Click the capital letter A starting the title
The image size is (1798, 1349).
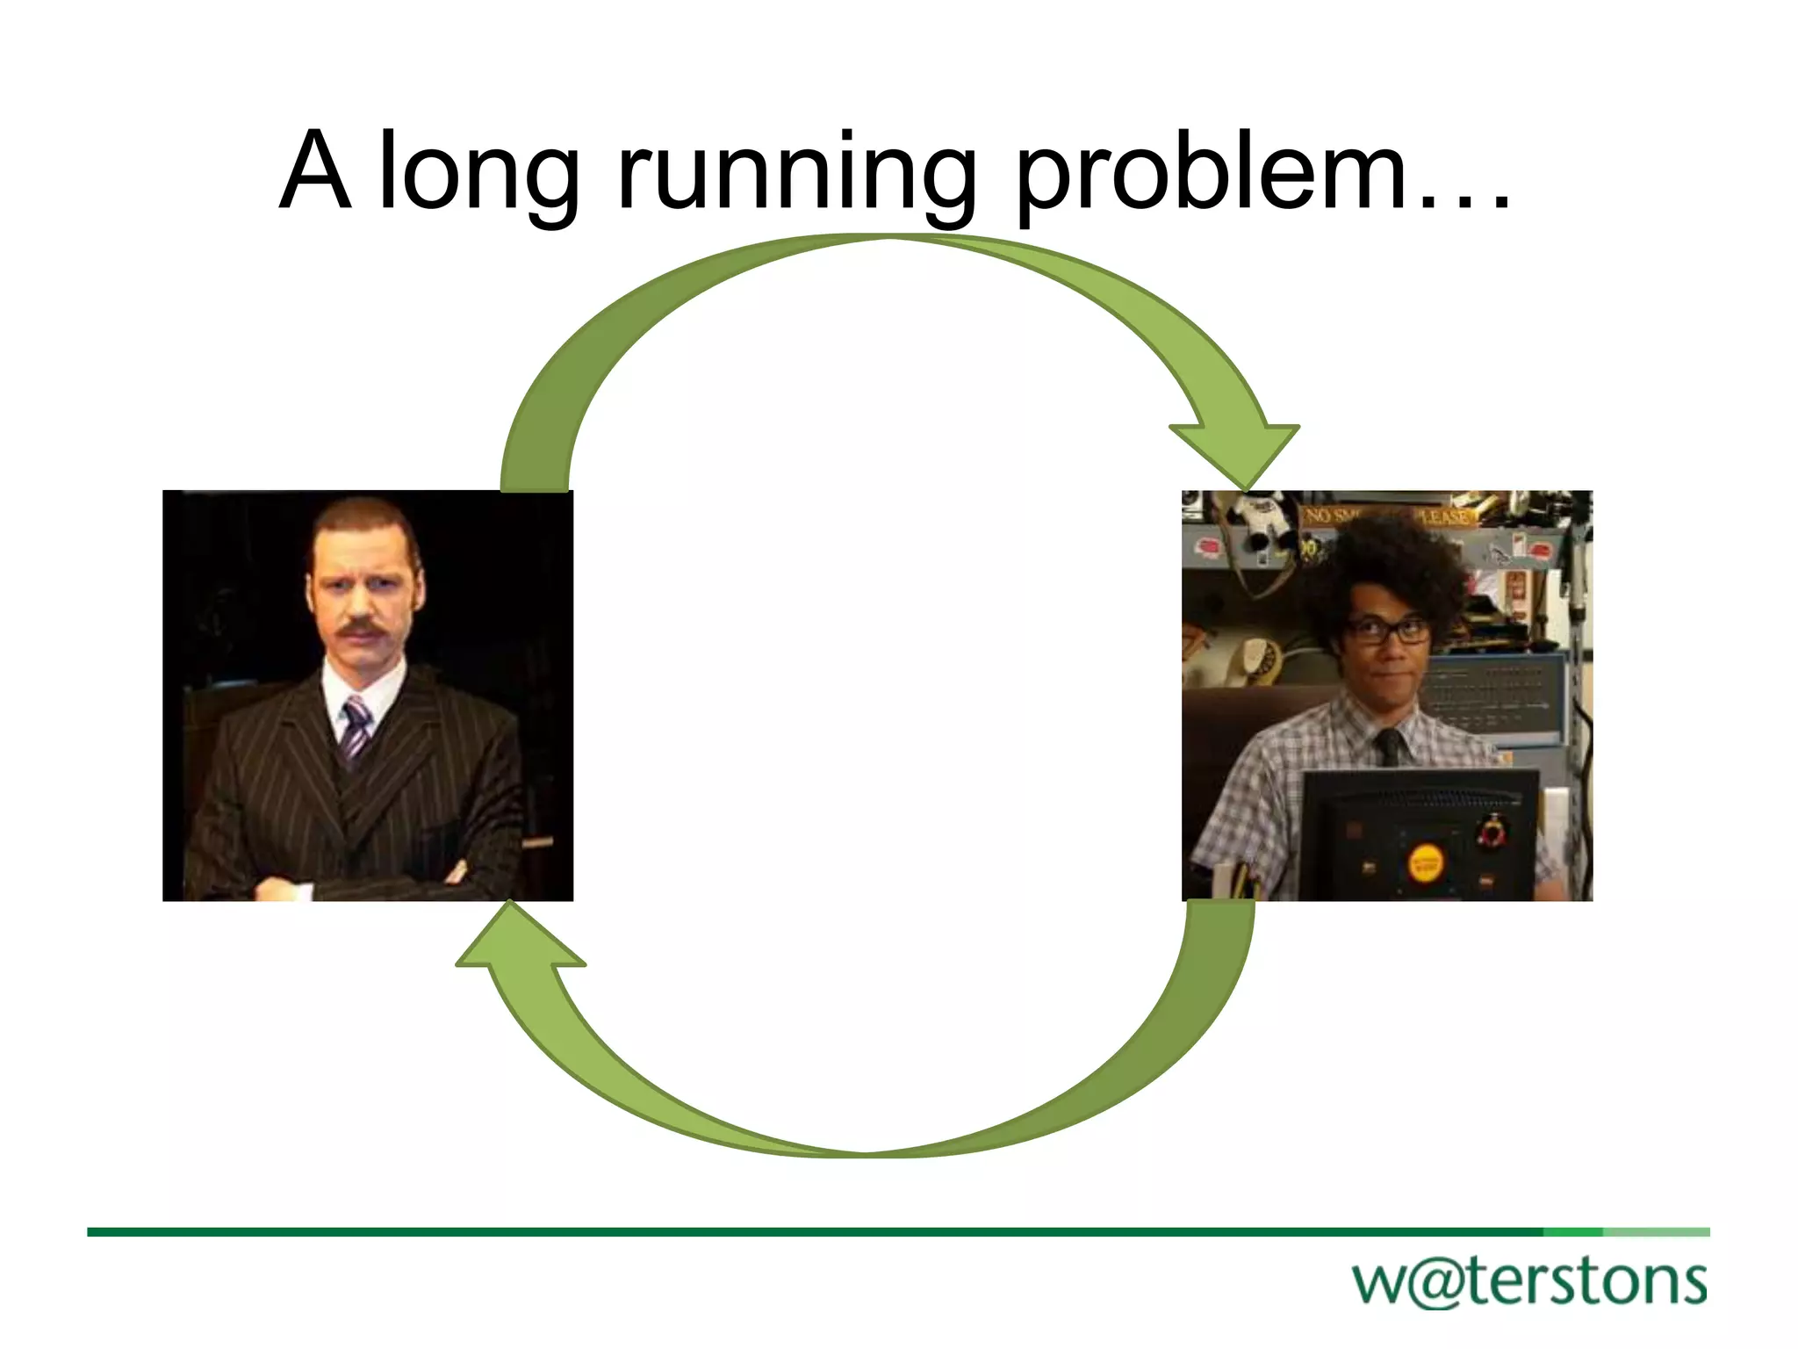tap(316, 170)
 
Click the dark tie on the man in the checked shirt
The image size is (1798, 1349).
tap(1388, 746)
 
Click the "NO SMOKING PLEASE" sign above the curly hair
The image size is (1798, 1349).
tap(1387, 516)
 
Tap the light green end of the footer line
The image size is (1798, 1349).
tap(1656, 1232)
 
